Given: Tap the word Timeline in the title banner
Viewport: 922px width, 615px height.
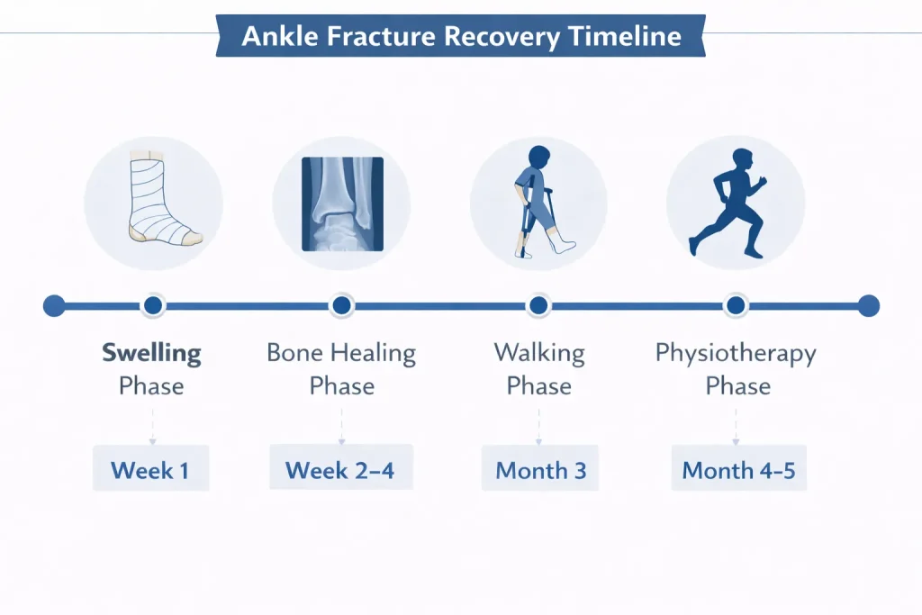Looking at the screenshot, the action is (625, 36).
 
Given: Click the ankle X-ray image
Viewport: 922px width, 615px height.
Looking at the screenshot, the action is (342, 204).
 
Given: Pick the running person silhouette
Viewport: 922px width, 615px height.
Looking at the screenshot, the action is (728, 203).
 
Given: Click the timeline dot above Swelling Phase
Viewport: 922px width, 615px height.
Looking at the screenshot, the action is (153, 306).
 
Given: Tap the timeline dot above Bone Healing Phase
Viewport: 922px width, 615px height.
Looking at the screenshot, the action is (341, 306).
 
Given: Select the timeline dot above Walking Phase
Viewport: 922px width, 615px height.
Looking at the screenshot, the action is (538, 306).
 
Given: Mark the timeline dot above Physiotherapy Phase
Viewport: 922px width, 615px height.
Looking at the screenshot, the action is (736, 306).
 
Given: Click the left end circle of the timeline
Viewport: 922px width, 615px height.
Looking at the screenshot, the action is (54, 306).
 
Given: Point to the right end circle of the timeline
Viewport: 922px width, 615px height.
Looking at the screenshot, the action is (869, 306).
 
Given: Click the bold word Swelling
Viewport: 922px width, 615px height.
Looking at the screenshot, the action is (151, 354).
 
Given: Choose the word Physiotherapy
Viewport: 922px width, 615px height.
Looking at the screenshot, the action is (736, 354).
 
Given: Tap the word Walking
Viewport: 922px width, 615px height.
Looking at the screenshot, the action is (539, 354).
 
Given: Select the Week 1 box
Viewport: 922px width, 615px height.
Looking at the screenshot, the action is (151, 468).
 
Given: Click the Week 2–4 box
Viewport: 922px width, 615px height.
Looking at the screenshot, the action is (341, 467).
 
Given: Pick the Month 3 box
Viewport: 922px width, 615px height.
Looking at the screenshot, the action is (540, 468).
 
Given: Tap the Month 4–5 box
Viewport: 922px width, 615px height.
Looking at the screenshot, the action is (738, 468).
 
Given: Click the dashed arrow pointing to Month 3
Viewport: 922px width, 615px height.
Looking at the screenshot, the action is (538, 427).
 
